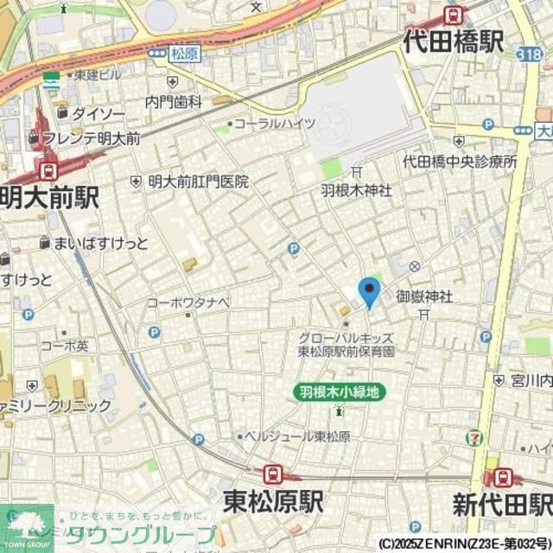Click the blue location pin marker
point(369,292)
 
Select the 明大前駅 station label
point(48,197)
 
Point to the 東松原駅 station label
point(273,500)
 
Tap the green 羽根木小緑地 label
point(339,391)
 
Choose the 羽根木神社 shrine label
point(356,189)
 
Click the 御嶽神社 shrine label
point(424,296)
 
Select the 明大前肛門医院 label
point(198,181)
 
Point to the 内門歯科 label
point(174,102)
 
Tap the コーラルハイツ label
point(275,124)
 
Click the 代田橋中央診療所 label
point(460,162)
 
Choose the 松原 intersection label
point(184,54)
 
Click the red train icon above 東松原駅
point(273,473)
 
